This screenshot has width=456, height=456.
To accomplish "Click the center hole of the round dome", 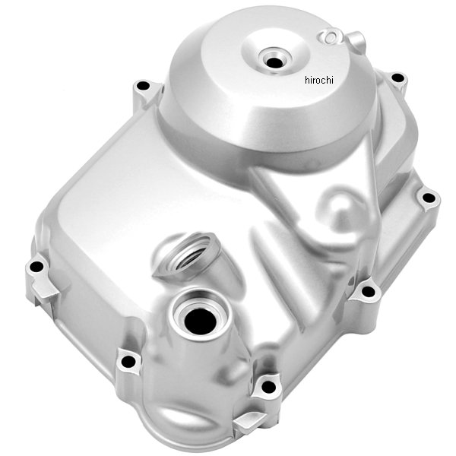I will (x=271, y=58).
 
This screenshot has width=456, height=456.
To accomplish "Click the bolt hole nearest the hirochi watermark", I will (x=397, y=78).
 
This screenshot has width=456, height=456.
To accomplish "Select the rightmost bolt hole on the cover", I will (x=429, y=198).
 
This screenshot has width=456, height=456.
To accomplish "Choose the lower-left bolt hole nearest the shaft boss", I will (x=128, y=360).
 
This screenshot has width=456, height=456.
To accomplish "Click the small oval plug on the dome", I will (x=332, y=36).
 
